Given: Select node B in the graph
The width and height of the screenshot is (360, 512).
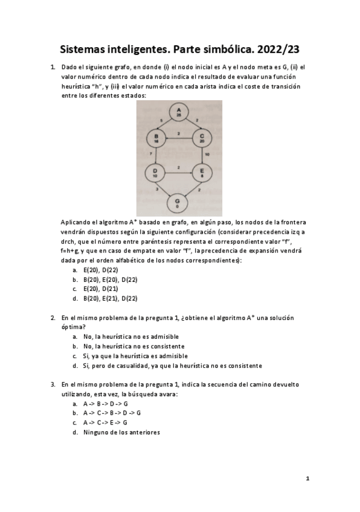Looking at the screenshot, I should [x=156, y=139].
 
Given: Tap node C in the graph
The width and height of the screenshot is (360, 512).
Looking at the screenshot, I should [x=202, y=139].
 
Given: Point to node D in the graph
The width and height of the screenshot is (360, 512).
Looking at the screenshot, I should [x=156, y=173].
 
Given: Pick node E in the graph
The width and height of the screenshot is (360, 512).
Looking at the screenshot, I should [x=202, y=173].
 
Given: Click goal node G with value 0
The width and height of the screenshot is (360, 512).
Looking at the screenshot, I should [x=178, y=202].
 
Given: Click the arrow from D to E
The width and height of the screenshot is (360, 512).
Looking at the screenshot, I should [x=179, y=173].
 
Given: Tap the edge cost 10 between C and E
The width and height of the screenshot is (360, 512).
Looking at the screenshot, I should [x=207, y=155].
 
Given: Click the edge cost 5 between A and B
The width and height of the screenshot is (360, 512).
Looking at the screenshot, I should [x=161, y=121].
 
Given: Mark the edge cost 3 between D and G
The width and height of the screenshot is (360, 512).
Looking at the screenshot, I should [x=158, y=190].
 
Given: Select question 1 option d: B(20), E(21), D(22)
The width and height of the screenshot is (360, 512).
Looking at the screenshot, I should [x=110, y=298].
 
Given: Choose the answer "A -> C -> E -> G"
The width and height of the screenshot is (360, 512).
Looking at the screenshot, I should [x=105, y=423].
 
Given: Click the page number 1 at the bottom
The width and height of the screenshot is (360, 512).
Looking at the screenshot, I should [x=307, y=478].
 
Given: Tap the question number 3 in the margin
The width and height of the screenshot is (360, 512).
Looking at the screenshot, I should [x=53, y=384].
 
